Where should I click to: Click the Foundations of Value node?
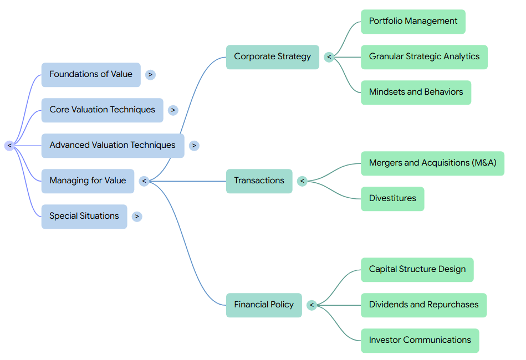click(91, 75)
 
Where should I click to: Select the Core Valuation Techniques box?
click(103, 110)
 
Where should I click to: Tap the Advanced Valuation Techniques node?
click(113, 146)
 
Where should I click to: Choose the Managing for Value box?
click(88, 181)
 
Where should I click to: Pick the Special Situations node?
click(84, 217)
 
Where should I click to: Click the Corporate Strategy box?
click(272, 57)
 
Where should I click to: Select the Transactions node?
click(259, 181)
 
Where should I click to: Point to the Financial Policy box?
click(264, 305)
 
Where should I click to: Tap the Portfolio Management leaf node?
click(413, 22)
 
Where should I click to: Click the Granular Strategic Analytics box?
click(424, 57)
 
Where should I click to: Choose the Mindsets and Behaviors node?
click(416, 92)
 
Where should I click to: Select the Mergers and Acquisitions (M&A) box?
click(432, 163)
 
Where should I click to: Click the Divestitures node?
click(392, 199)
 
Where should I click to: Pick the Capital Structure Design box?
click(417, 270)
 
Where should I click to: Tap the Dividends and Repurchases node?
click(423, 305)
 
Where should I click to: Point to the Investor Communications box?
click(420, 341)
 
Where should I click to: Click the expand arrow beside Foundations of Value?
click(150, 75)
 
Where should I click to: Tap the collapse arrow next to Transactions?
click(302, 181)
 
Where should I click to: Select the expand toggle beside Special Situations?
click(137, 217)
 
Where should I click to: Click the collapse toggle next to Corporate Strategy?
click(329, 57)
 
